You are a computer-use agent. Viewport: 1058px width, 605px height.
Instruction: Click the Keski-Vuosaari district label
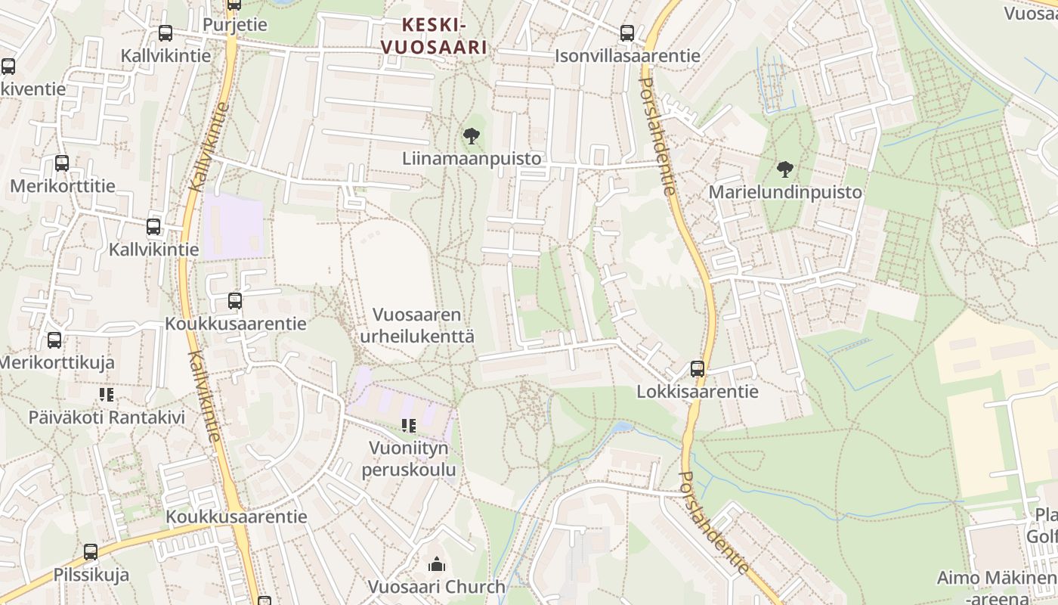pos(434,36)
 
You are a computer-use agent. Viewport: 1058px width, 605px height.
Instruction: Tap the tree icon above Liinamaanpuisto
pos(471,137)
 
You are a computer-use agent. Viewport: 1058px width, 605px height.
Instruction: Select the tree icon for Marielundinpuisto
pos(785,169)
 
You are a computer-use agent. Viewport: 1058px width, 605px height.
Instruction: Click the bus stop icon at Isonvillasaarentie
pos(627,33)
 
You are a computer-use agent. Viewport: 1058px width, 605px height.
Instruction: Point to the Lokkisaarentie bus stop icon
pos(697,369)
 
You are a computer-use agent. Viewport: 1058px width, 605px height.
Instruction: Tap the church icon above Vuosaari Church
pos(436,564)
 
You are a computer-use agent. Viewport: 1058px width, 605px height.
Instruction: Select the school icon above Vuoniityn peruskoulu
pos(408,426)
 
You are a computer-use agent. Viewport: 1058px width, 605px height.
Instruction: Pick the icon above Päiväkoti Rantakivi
pos(106,395)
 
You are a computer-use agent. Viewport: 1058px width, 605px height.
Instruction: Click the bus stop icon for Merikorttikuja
pos(54,340)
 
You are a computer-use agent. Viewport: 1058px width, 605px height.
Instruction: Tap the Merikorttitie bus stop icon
pos(62,163)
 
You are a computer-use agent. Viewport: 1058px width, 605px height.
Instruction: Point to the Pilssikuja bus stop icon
pos(91,552)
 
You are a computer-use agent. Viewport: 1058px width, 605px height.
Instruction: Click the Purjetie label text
pos(235,24)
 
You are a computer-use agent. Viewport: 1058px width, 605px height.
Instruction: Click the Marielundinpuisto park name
pos(785,192)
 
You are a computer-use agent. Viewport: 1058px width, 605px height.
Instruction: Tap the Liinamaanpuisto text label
pos(472,159)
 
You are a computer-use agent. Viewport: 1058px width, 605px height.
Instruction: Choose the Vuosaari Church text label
pos(436,586)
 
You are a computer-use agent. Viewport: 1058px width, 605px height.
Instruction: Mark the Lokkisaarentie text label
pos(697,392)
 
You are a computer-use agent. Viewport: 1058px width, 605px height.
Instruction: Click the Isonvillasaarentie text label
pos(627,56)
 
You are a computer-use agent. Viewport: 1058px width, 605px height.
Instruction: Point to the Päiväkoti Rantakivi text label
pos(107,417)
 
